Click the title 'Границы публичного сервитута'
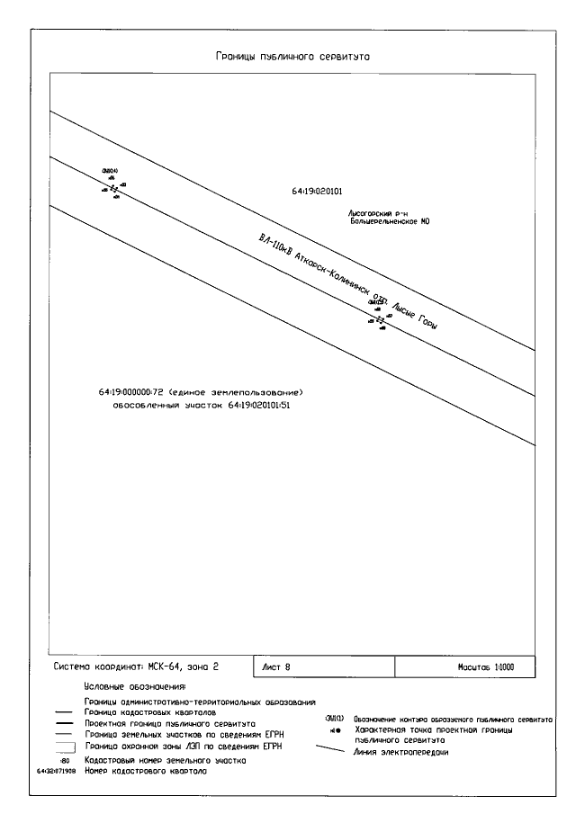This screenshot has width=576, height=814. coord(293,57)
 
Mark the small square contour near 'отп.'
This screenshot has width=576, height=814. coord(380,318)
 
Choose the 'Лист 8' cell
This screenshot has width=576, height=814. coord(277,667)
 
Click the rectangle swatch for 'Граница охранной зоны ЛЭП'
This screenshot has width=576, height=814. coord(65,746)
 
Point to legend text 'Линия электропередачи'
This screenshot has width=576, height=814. coord(401,751)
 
